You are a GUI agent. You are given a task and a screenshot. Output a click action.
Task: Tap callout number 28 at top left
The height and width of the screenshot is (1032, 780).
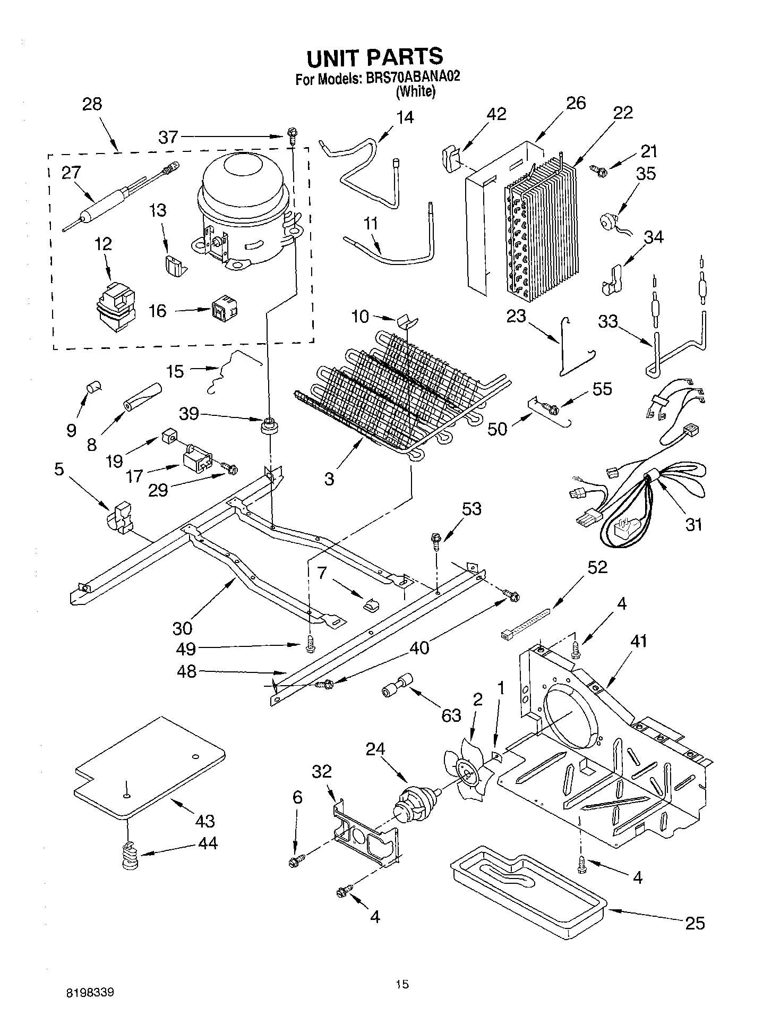[92, 104]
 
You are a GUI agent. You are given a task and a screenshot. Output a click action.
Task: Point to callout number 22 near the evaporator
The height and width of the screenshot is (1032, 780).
[623, 113]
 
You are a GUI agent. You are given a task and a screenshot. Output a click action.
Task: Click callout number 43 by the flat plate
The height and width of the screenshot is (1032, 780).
[204, 821]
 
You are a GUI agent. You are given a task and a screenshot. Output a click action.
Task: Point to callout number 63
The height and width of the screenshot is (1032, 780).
[451, 715]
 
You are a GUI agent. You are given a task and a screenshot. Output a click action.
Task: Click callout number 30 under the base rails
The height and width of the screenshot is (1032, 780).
[182, 628]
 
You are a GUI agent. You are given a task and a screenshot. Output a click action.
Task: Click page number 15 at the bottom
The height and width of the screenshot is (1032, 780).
[402, 984]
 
